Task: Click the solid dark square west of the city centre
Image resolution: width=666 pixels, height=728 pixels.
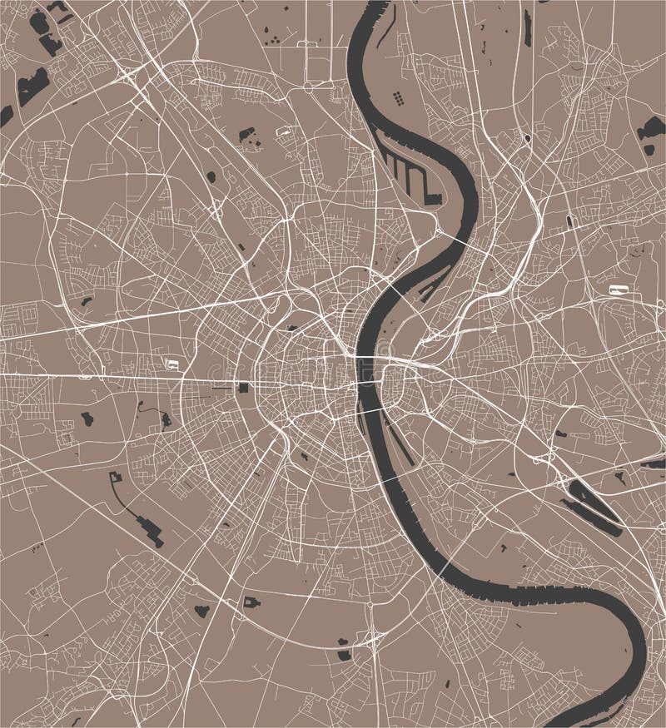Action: pos(242,388)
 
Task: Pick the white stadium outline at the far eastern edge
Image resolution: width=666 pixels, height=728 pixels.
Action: pos(618,290)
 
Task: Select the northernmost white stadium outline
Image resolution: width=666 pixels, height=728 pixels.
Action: pos(285,130)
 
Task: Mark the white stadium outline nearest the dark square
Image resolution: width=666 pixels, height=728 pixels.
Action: pos(173,363)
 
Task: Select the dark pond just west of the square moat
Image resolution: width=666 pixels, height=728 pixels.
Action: pos(201,611)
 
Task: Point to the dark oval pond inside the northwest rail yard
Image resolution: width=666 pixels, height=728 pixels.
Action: pos(211,176)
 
